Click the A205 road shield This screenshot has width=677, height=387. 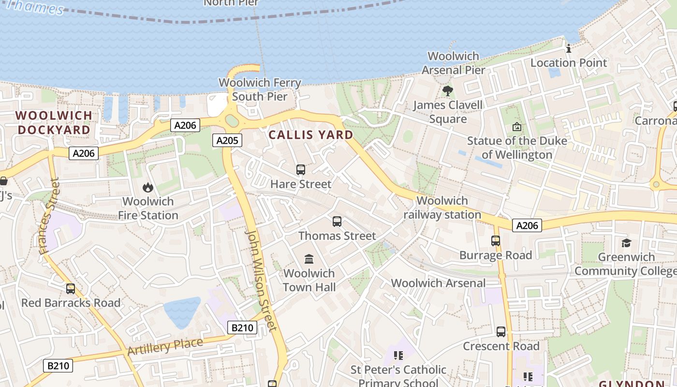[227, 141]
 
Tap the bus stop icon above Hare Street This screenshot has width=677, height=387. [301, 170]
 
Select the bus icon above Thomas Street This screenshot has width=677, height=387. [337, 222]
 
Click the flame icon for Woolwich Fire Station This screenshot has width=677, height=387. [148, 187]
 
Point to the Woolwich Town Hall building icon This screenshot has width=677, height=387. [309, 259]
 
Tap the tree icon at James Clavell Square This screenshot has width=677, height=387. [447, 90]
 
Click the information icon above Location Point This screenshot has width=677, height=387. [569, 48]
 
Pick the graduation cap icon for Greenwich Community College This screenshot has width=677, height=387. [626, 243]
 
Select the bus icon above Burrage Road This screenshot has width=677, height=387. [496, 241]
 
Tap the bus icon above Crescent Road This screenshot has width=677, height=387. [501, 332]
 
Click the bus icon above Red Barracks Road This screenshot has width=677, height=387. [71, 289]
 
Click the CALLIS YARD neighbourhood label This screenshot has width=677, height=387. [311, 135]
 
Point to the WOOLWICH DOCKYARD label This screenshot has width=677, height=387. [54, 123]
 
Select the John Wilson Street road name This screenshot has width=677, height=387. [261, 280]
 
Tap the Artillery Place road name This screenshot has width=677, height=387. [165, 346]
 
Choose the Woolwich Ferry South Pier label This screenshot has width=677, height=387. [260, 89]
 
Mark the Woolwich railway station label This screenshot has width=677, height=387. [442, 208]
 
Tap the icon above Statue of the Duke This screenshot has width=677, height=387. [517, 127]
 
